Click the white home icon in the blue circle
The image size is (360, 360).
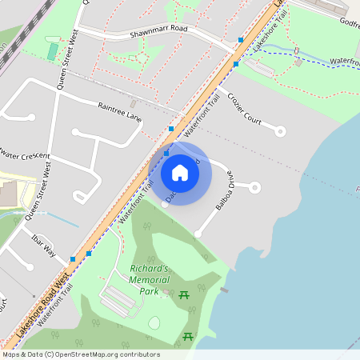(x=180, y=173)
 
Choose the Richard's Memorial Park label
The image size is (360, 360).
(x=150, y=281)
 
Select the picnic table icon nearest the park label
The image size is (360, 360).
(x=186, y=296)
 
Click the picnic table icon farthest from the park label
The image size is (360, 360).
(x=188, y=337)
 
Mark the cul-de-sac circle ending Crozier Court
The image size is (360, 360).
(x=280, y=130)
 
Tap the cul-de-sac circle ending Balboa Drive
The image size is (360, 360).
(x=255, y=187)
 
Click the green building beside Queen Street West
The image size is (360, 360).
(x=53, y=51)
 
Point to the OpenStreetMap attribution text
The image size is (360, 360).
(x=80, y=354)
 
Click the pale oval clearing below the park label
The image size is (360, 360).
(x=154, y=322)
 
